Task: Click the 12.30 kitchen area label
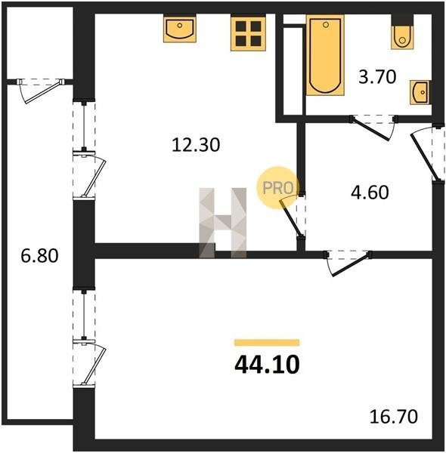pos(196,145)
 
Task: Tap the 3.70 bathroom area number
pos(377,77)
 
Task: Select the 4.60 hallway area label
pos(370,193)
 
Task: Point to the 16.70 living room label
pos(394,416)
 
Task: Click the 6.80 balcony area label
pos(39,256)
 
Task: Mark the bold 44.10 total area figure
pos(267,365)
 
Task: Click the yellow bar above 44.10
pos(267,342)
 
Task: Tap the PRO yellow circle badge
pos(277,188)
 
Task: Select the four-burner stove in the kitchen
pos(248,33)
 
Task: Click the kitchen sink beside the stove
pos(180,29)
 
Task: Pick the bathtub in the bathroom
pos(325,55)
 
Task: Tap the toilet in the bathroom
pos(402,32)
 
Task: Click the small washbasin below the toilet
pos(420,92)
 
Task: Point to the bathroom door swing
pos(373,127)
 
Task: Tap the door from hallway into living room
pos(348,262)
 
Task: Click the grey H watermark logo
pos(223,223)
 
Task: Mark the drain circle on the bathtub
pos(326,25)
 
